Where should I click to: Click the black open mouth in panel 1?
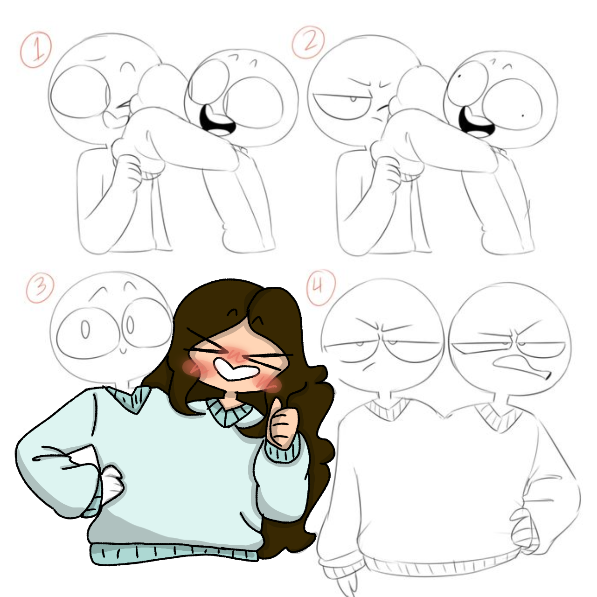[x=216, y=121]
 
